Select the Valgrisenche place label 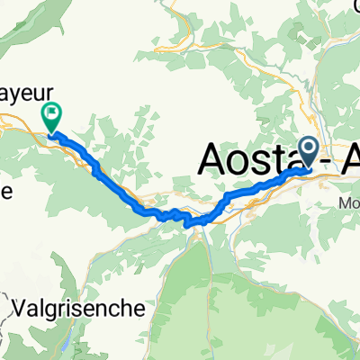pos(80,307)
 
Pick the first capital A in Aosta pos(210,159)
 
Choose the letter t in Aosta pos(276,160)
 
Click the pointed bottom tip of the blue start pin pos(307,166)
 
